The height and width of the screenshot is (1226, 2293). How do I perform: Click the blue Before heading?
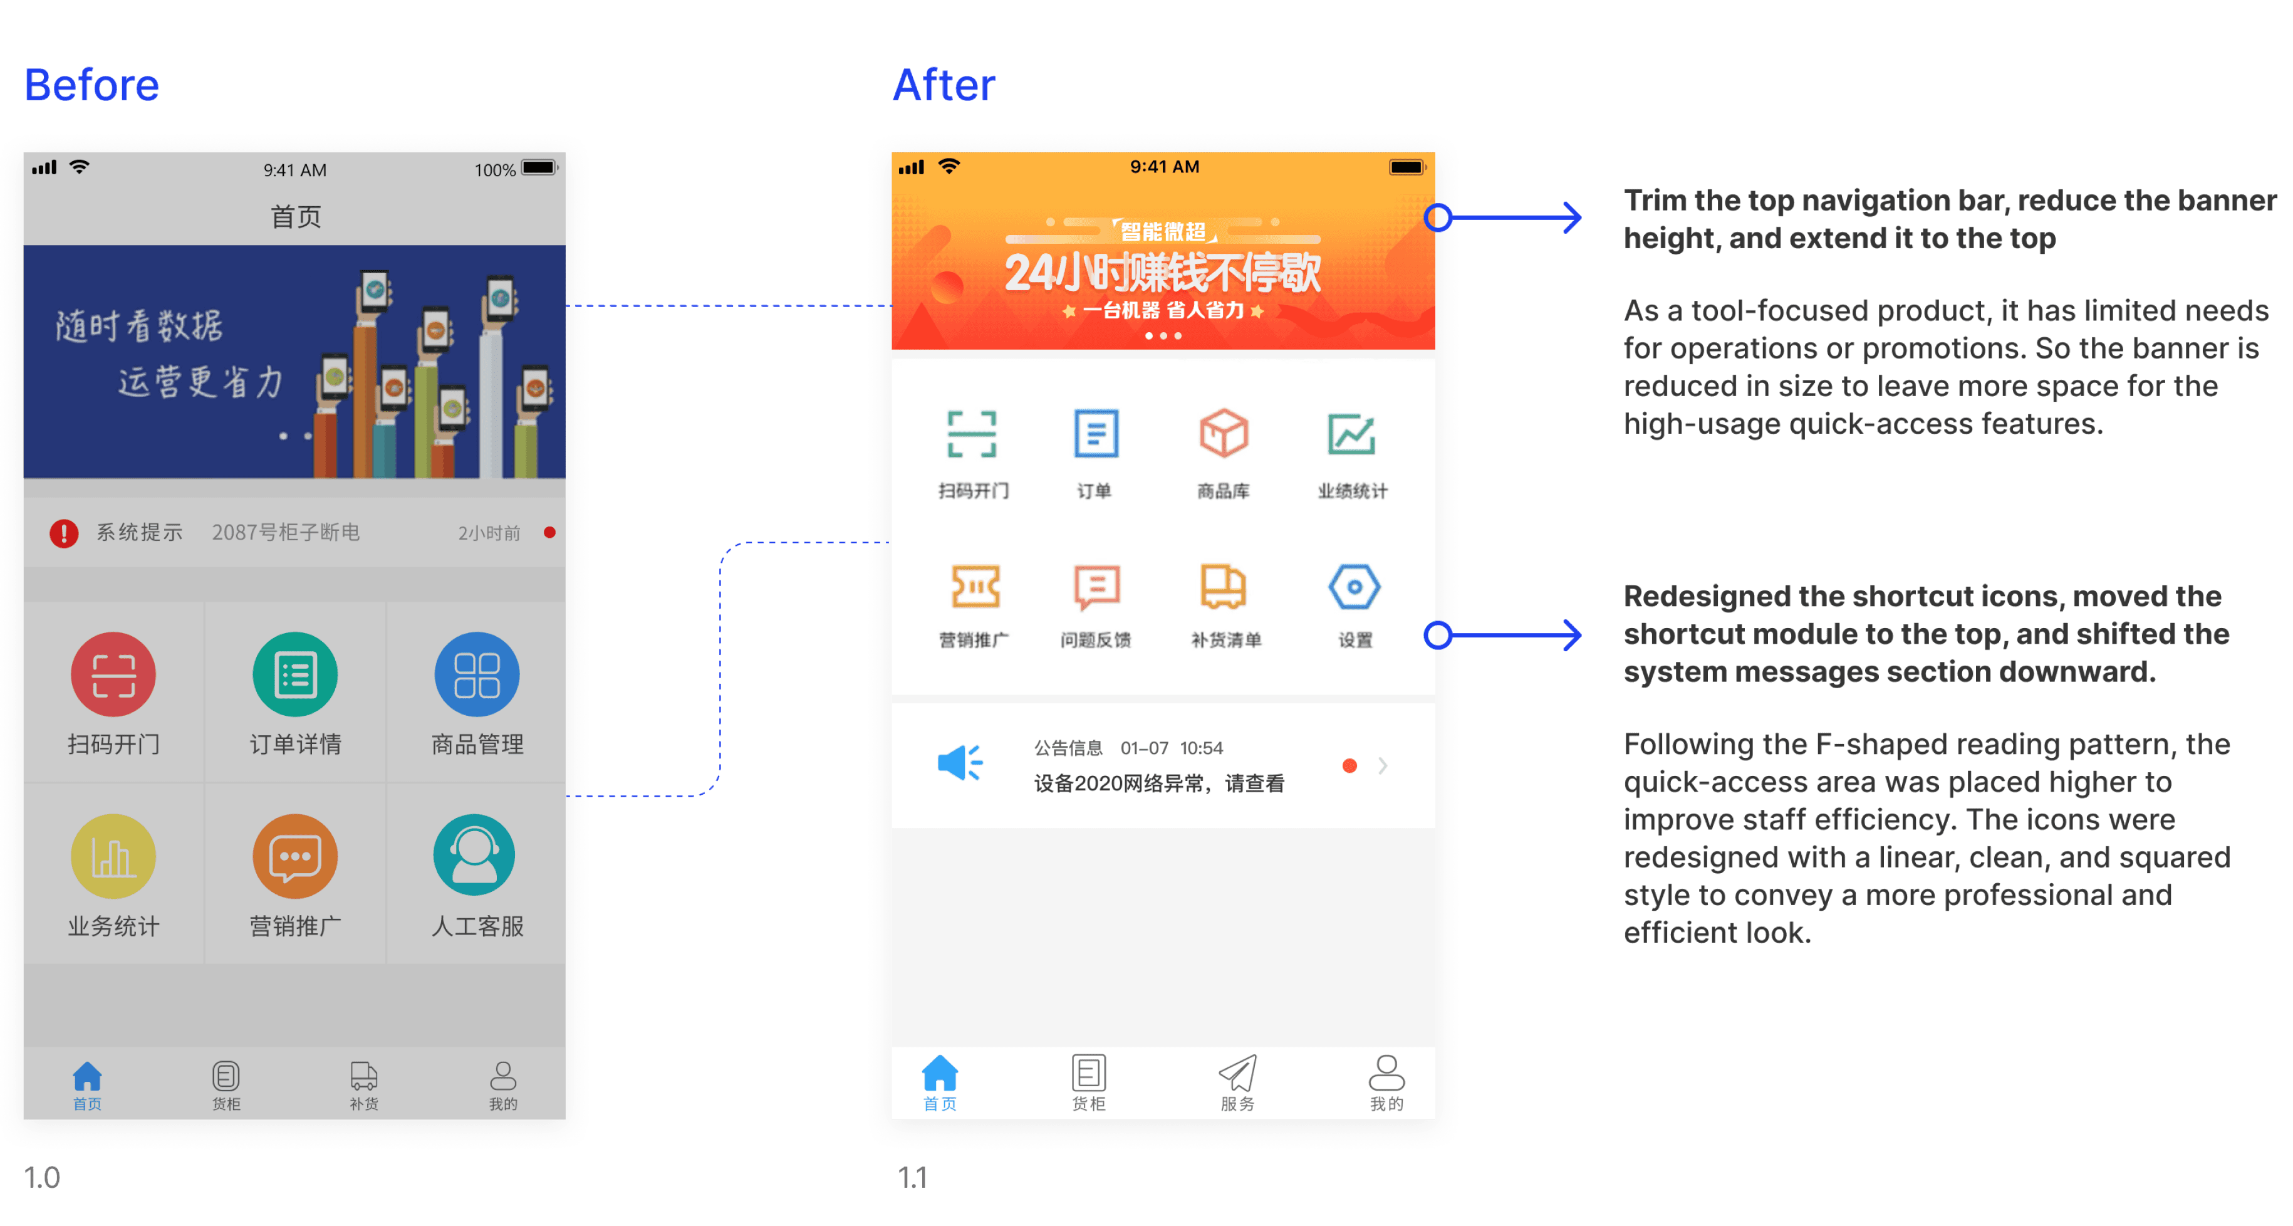click(91, 85)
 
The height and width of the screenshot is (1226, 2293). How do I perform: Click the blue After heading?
click(944, 85)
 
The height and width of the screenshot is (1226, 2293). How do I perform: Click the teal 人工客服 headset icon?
click(474, 855)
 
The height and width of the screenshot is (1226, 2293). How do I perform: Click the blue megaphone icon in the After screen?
click(960, 763)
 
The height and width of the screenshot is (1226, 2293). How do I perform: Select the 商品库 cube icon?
click(1224, 434)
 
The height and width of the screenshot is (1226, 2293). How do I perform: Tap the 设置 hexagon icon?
click(1354, 587)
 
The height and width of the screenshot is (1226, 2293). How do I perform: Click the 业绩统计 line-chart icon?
click(1351, 434)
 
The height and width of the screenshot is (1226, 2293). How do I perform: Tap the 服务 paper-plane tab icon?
click(1237, 1073)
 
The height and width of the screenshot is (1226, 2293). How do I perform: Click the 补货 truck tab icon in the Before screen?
click(364, 1076)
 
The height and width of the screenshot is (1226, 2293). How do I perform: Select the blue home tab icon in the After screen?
click(940, 1073)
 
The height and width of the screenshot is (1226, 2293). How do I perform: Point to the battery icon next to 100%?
click(539, 167)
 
